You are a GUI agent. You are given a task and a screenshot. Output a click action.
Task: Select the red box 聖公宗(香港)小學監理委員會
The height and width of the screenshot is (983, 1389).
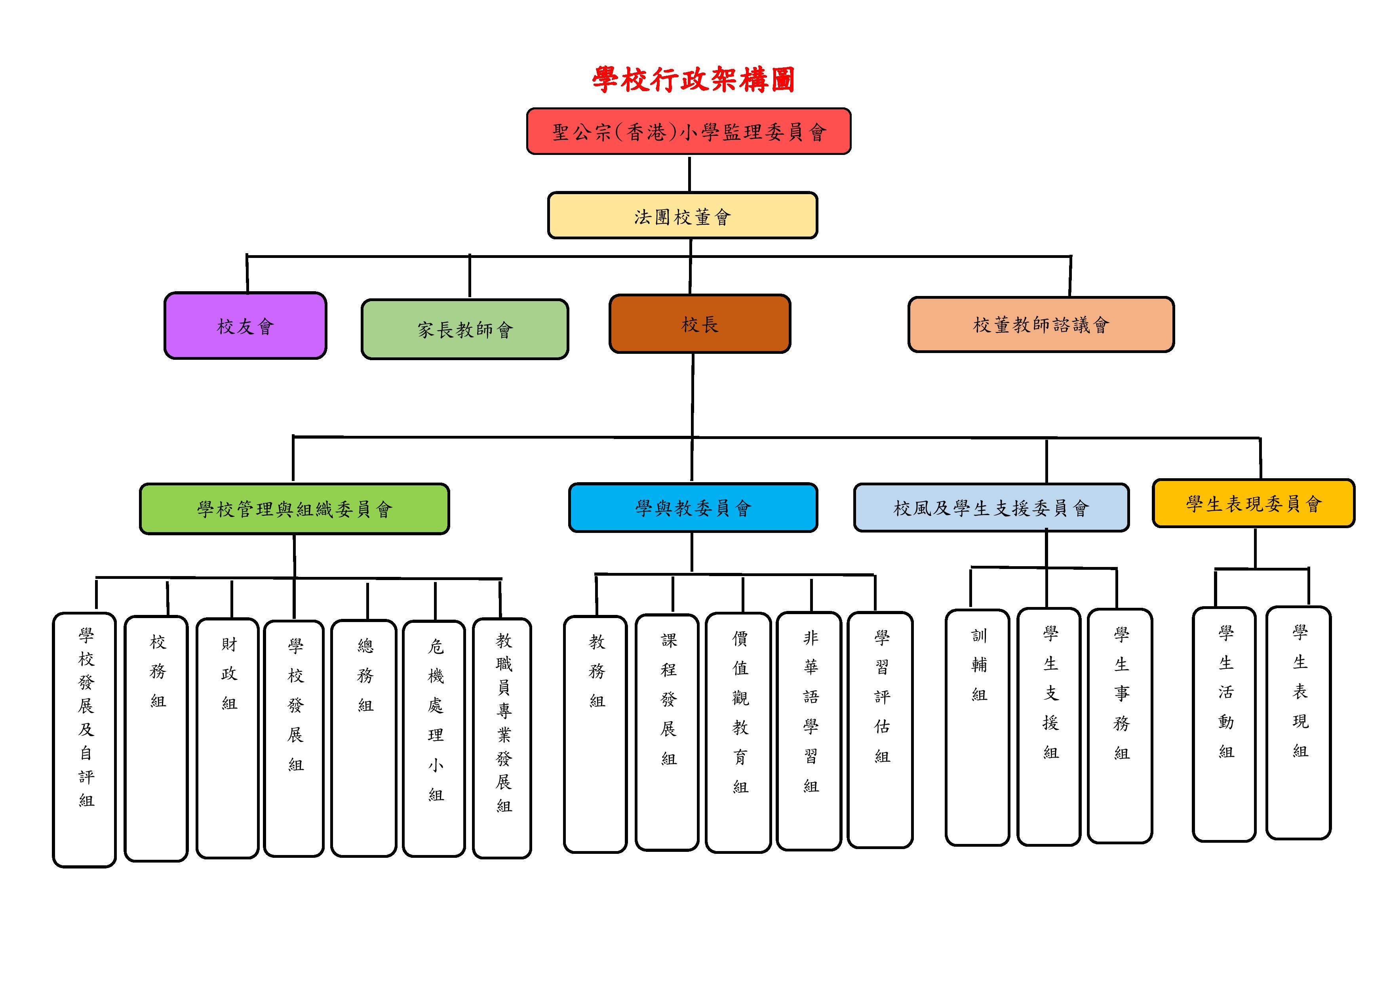tap(689, 132)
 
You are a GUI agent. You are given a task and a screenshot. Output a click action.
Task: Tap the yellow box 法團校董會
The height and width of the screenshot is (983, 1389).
tap(682, 216)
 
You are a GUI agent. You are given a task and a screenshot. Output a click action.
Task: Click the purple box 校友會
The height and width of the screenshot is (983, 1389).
tap(245, 326)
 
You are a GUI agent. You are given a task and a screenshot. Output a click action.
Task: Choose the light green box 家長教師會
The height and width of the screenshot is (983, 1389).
tap(464, 329)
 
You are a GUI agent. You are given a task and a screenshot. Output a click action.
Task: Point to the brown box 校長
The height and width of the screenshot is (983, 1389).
tap(700, 324)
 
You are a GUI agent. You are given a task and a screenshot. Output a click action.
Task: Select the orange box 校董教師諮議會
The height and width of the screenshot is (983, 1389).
tap(1041, 324)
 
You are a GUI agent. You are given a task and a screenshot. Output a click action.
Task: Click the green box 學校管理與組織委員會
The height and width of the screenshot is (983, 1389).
tap(294, 508)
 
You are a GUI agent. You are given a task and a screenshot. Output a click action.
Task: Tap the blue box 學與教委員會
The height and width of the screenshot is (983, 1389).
tap(693, 507)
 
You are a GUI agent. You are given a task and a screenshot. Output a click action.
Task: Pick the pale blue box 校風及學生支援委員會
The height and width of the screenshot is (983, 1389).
tap(991, 507)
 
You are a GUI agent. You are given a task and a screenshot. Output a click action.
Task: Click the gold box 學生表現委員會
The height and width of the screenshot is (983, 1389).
tap(1254, 503)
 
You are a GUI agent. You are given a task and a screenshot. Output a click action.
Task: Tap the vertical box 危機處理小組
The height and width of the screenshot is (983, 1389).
tap(434, 739)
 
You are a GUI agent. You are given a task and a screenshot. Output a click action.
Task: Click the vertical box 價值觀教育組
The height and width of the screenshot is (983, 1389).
tap(739, 733)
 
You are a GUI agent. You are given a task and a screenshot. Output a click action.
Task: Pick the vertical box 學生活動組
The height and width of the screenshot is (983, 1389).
tap(1224, 724)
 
